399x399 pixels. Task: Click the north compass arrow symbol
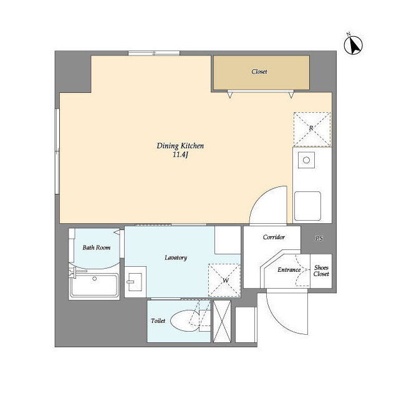[x=353, y=45]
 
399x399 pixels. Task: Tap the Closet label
[x=259, y=72]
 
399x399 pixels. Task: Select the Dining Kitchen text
[x=180, y=146]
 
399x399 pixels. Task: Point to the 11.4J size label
[x=180, y=155]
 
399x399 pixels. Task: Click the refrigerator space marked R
[x=312, y=129]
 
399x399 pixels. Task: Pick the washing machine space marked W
[x=224, y=280]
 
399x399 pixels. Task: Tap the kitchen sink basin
[x=306, y=160]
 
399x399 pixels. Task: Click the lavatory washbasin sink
[x=135, y=282]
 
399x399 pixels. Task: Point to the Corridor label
[x=274, y=237]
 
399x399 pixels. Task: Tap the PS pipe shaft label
[x=319, y=238]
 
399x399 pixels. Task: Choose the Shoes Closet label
[x=321, y=271]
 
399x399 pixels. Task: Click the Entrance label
[x=289, y=270]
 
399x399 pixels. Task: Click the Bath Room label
[x=97, y=248]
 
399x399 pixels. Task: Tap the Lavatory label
[x=176, y=257]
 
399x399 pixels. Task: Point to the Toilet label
[x=158, y=321]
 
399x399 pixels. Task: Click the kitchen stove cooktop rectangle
[x=307, y=206]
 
